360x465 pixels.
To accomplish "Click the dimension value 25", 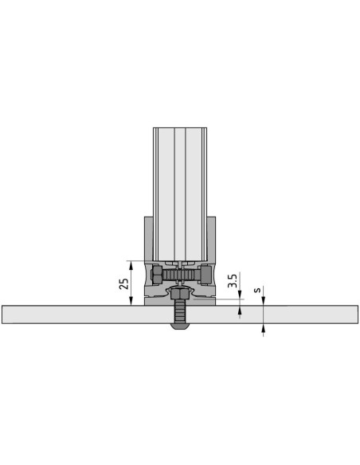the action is [x=124, y=283].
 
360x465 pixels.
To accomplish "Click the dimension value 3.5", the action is [x=233, y=280].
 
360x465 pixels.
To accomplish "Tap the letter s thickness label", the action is [x=258, y=290].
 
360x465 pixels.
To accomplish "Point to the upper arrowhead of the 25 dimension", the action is [x=131, y=264].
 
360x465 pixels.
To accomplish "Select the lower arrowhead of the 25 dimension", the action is [x=131, y=302].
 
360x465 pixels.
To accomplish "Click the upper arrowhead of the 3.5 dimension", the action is [x=240, y=295].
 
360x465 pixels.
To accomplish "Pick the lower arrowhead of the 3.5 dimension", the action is [x=240, y=310].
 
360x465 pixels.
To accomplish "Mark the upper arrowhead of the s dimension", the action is [x=263, y=302].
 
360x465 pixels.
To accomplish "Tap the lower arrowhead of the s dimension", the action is [x=263, y=327].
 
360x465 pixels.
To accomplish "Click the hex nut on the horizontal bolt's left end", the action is [x=157, y=274].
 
